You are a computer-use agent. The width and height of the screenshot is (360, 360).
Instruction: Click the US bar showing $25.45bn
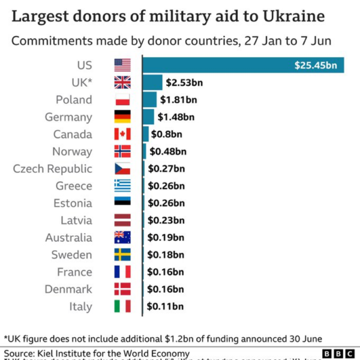[243, 65]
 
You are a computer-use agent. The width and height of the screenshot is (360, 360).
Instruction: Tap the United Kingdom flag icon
[122, 82]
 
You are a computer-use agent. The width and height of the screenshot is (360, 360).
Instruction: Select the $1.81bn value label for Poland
[178, 100]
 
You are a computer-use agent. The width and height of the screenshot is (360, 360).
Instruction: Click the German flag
[122, 117]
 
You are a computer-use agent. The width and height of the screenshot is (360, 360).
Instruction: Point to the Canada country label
[73, 134]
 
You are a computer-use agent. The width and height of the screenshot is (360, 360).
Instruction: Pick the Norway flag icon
[122, 151]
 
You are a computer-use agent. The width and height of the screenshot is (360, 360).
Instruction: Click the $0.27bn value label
[166, 169]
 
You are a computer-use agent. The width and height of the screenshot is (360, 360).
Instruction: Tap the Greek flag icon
[122, 186]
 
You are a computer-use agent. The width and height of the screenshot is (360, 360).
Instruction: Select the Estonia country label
[73, 203]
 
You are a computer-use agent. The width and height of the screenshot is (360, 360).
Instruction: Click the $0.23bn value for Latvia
[166, 220]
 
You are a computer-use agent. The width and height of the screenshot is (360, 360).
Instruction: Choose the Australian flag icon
[122, 238]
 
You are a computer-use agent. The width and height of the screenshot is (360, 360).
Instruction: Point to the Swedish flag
[122, 255]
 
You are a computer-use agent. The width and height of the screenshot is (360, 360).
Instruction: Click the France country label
[74, 272]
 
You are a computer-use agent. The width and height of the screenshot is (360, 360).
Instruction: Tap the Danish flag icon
[122, 289]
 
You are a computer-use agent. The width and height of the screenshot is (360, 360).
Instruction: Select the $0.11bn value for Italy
[166, 307]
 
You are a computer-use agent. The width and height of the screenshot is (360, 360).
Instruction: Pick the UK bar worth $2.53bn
[153, 82]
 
